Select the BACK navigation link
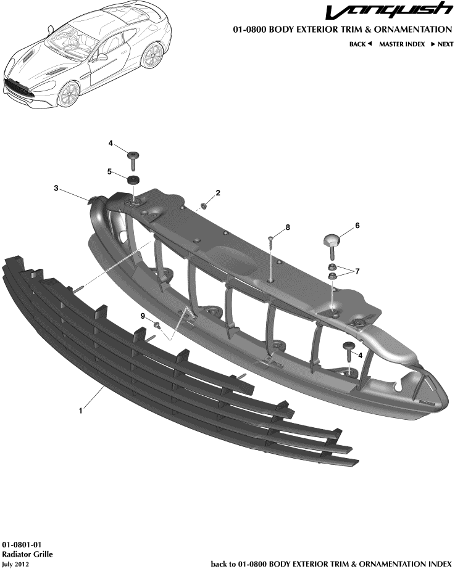pyautogui.click(x=360, y=44)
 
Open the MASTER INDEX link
pyautogui.click(x=401, y=44)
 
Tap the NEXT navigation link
pyautogui.click(x=442, y=44)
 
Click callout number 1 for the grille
pyautogui.click(x=81, y=408)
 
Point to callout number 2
pyautogui.click(x=217, y=194)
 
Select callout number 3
pyautogui.click(x=56, y=189)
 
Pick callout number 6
pyautogui.click(x=357, y=226)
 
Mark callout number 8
pyautogui.click(x=287, y=228)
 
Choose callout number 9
pyautogui.click(x=143, y=316)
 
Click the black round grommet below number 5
pyautogui.click(x=133, y=180)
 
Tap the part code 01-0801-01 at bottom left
pyautogui.click(x=22, y=546)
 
